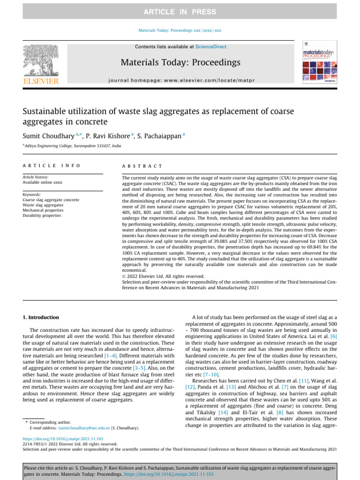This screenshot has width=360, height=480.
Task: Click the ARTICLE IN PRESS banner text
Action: pyautogui.click(x=180, y=12)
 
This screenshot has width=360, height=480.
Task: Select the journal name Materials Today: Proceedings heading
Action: pyautogui.click(x=180, y=62)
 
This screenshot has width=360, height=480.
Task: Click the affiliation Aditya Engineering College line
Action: pyautogui.click(x=72, y=146)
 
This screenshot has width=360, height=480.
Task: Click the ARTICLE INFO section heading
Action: pyautogui.click(x=52, y=166)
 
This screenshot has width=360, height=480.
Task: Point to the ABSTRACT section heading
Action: pyautogui.click(x=142, y=166)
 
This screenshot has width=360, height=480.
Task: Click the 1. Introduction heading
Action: pyautogui.click(x=41, y=317)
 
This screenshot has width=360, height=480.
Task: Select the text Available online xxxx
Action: pyautogui.click(x=42, y=182)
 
